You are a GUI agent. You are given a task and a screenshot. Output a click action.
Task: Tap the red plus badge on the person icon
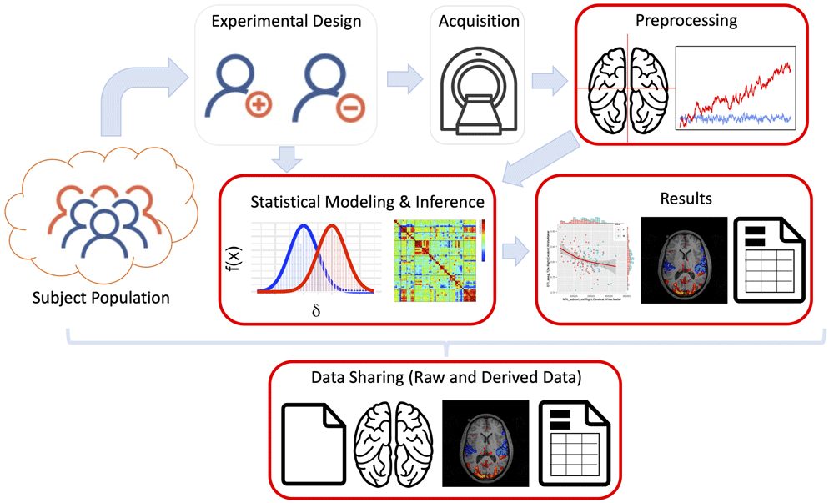coord(259,107)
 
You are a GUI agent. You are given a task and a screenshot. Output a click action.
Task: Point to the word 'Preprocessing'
coord(691,20)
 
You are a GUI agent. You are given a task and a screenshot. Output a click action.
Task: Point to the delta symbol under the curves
coord(315,311)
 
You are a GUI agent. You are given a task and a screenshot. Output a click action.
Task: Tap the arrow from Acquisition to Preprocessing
coord(545,81)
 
